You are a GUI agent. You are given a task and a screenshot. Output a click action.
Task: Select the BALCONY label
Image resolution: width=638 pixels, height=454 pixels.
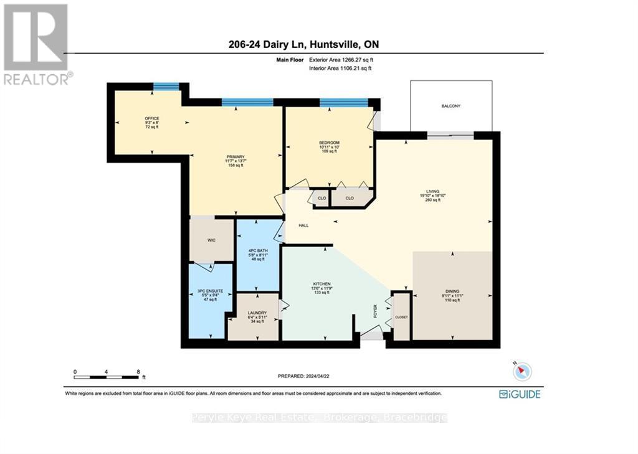pos(450,106)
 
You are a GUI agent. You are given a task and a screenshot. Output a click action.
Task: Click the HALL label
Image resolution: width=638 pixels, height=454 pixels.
pos(302,225)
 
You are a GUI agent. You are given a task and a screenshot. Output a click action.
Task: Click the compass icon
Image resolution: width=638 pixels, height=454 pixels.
pos(522,371)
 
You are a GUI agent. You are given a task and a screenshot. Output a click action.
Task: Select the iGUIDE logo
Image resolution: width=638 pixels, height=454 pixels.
pos(520,394)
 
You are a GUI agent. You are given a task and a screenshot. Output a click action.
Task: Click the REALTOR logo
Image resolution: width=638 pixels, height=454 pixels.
pos(37,44)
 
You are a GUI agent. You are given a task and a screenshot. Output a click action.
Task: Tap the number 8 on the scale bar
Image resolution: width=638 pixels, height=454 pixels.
pos(138,371)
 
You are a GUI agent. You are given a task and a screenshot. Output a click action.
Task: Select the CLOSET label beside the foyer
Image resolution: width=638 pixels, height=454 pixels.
pos(401,317)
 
